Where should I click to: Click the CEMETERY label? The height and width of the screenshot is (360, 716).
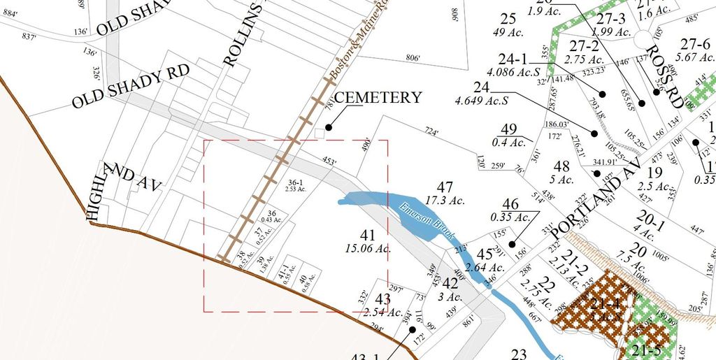(378, 97)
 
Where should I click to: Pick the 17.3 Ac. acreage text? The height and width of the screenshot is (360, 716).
(445, 200)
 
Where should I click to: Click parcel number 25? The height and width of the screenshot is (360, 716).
(508, 18)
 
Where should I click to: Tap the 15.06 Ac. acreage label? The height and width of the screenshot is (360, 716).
(368, 248)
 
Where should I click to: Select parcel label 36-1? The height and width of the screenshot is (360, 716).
(297, 182)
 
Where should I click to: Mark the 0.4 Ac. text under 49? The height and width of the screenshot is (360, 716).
(508, 142)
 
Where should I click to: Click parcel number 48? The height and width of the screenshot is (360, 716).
(561, 166)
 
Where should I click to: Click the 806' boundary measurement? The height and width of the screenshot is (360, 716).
(413, 59)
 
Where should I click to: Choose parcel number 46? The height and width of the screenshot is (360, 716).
(510, 204)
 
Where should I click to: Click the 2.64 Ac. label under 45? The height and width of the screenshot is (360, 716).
(485, 267)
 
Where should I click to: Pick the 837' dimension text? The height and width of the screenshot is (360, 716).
(29, 36)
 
